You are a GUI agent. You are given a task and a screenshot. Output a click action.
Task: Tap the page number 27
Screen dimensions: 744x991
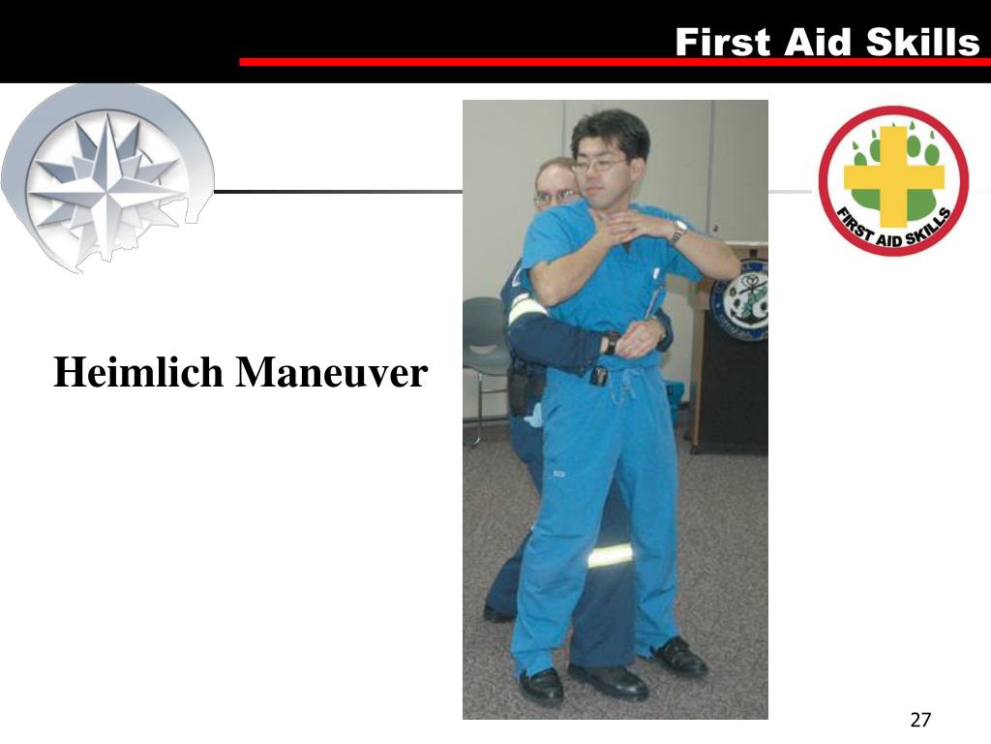click(920, 720)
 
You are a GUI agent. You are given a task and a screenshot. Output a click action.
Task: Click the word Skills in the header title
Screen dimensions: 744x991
click(922, 43)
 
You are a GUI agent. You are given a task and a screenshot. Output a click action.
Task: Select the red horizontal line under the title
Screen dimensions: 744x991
click(610, 62)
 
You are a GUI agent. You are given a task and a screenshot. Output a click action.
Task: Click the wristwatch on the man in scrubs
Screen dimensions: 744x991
click(679, 231)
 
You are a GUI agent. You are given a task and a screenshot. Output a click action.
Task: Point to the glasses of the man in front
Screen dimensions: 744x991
click(598, 166)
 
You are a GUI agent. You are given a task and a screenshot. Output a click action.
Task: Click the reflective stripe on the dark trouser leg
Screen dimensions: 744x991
click(610, 555)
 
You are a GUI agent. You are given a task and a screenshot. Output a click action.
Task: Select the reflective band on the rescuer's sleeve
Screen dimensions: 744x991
click(525, 308)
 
